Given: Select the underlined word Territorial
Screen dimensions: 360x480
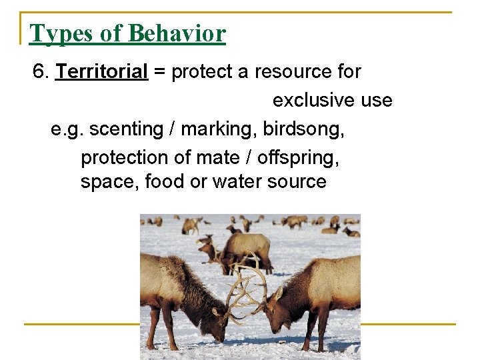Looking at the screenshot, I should [x=101, y=71].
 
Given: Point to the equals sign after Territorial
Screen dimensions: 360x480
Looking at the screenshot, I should [x=159, y=71].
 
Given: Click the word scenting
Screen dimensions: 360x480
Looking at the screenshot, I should [x=125, y=128].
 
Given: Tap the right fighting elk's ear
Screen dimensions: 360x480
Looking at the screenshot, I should [x=279, y=293].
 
